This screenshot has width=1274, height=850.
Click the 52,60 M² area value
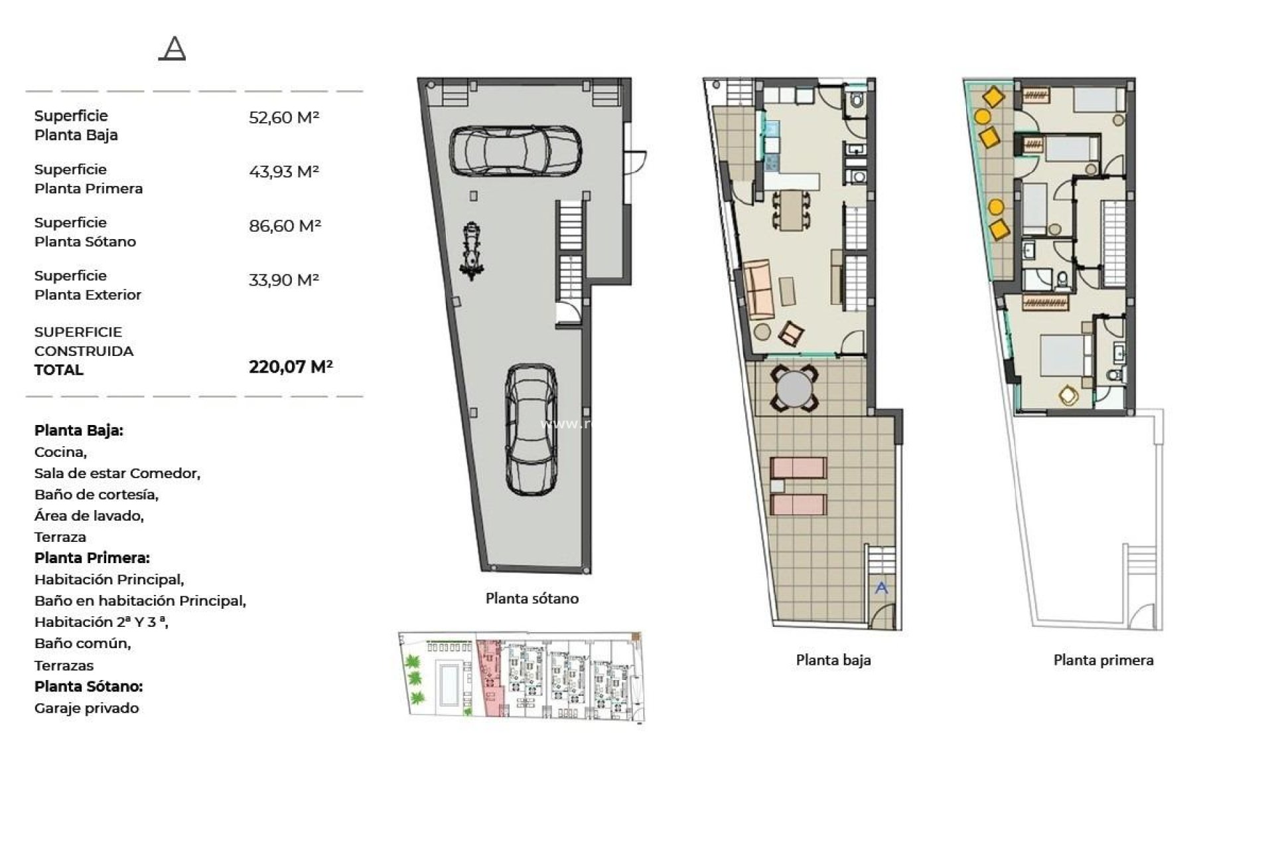(283, 118)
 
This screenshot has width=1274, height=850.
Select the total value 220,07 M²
(290, 367)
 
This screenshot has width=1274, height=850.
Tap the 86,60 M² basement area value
(285, 226)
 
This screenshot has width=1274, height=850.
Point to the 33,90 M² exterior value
(283, 280)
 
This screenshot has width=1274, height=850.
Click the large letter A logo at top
(173, 48)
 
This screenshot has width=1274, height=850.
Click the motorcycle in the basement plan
(471, 251)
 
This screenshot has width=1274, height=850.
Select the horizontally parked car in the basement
(516, 151)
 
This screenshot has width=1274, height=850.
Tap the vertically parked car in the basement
(531, 430)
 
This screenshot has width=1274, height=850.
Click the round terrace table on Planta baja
(794, 389)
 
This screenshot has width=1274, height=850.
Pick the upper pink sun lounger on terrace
(798, 467)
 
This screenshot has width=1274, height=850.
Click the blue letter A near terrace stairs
(881, 588)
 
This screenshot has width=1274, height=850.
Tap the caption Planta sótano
(531, 598)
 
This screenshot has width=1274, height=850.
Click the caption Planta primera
(1103, 660)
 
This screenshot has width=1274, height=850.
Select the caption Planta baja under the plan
(833, 660)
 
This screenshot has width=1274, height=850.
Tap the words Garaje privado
(87, 708)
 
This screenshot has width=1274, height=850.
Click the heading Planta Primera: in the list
(92, 558)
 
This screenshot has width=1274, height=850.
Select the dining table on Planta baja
(790, 210)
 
